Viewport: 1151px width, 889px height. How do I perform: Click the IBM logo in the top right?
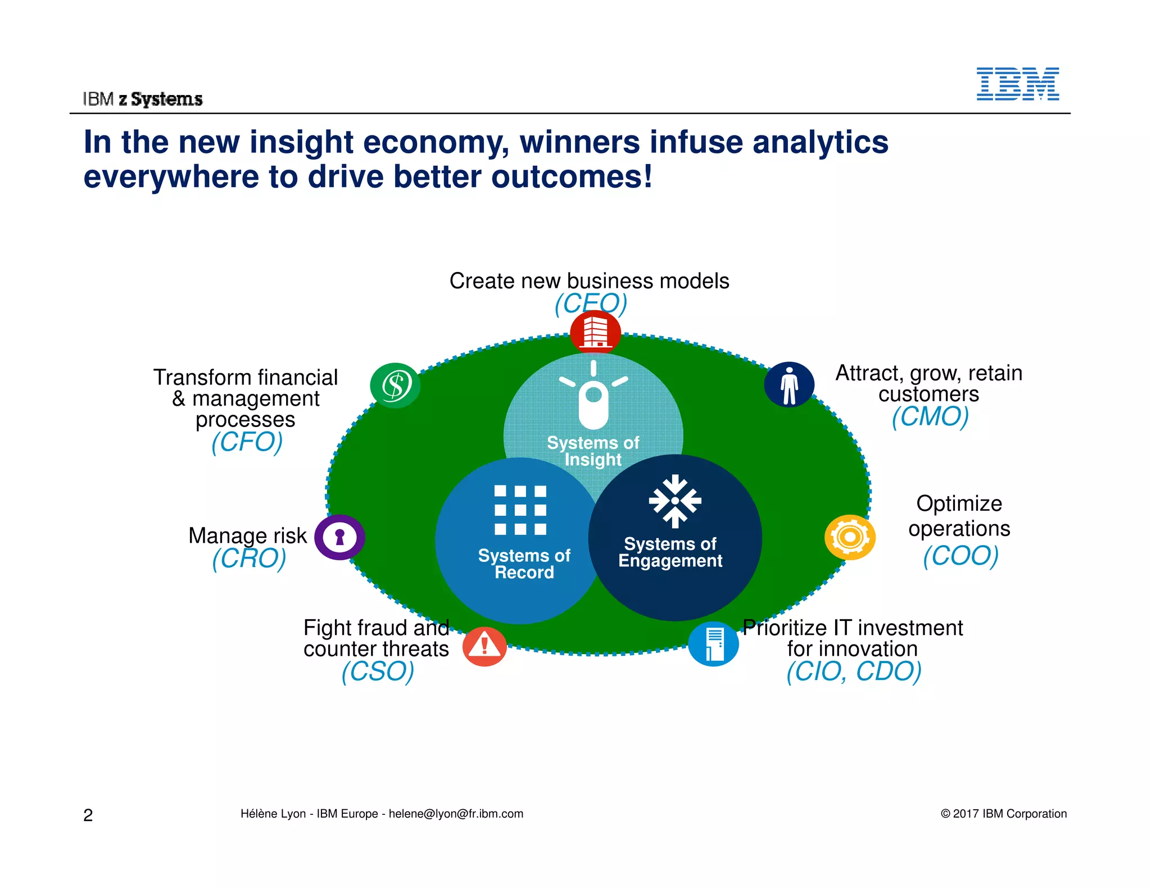point(1017,84)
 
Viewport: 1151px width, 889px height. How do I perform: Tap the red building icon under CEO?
point(595,332)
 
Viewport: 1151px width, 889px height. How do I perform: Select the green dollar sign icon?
point(395,385)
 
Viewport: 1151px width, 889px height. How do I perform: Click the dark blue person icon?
point(789,384)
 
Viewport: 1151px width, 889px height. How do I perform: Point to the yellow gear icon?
point(850,537)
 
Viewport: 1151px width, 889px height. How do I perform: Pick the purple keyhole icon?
point(339,537)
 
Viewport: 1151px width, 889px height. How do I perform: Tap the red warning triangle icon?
point(484,646)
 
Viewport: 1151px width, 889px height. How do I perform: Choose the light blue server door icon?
point(713,644)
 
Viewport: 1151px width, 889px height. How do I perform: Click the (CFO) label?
point(247,442)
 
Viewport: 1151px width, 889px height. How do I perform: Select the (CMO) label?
point(930,417)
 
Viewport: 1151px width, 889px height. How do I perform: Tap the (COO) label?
point(960,556)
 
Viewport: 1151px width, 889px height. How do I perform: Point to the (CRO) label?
point(249,559)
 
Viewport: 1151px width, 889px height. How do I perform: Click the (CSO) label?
point(378,672)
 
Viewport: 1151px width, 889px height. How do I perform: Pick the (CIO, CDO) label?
point(854,672)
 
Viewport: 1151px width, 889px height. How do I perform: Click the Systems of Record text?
point(524,564)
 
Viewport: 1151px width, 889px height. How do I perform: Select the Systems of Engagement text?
point(670,552)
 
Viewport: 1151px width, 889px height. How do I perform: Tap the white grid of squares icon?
point(520,510)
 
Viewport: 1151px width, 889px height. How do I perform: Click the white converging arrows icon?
point(675,501)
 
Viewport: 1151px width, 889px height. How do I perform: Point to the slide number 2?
point(88,815)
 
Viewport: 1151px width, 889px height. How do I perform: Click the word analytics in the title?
point(820,142)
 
